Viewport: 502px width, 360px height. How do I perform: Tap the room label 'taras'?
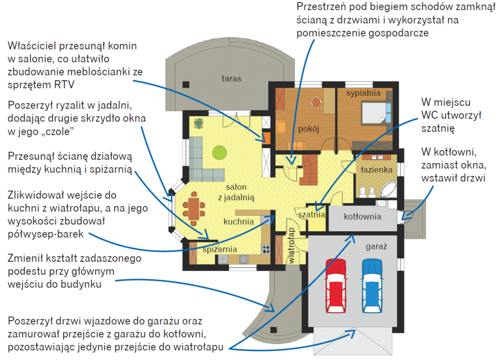(x=231, y=79)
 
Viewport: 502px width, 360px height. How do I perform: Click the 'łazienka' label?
(x=377, y=170)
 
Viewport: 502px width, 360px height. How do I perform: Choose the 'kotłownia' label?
(x=362, y=216)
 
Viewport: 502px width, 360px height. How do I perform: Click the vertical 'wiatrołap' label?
(x=292, y=246)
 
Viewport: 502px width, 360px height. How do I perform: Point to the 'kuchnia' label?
(x=239, y=221)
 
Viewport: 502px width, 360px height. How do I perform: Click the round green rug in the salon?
(x=219, y=152)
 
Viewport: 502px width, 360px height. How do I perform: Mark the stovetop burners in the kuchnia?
(x=266, y=248)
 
